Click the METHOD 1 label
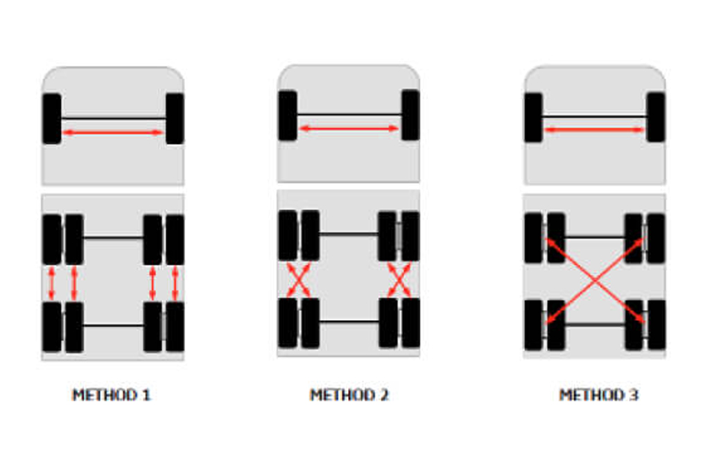click(x=111, y=395)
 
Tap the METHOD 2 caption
click(x=349, y=395)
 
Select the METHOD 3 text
click(x=598, y=395)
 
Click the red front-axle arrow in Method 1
click(x=113, y=132)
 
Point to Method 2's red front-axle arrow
click(x=349, y=128)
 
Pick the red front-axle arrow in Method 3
click(x=594, y=130)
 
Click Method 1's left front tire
click(x=51, y=118)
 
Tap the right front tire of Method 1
click(x=175, y=118)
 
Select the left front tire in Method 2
click(x=288, y=116)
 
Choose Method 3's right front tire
click(x=656, y=117)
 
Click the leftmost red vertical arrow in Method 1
click(x=51, y=283)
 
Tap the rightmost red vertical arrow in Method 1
click(x=175, y=283)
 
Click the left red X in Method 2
click(x=298, y=280)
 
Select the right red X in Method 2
click(x=399, y=280)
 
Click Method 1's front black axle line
click(x=113, y=118)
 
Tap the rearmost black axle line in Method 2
click(x=349, y=322)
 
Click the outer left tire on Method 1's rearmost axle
click(x=51, y=327)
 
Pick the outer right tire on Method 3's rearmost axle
click(x=656, y=324)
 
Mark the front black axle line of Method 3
click(x=594, y=117)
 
